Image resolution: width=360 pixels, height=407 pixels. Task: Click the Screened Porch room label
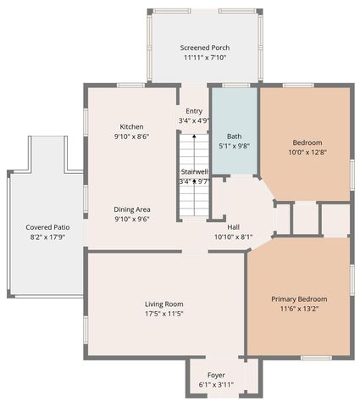pos(205,47)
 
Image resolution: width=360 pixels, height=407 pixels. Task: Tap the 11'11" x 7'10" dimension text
pos(205,58)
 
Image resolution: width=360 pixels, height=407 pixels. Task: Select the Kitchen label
pos(131,126)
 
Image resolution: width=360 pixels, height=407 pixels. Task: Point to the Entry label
pos(194,111)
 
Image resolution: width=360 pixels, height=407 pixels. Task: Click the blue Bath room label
pos(235,136)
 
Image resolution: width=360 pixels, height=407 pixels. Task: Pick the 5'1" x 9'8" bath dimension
pos(235,146)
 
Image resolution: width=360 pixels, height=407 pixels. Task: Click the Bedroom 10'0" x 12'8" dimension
pos(305,153)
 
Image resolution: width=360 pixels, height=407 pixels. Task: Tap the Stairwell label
pos(194,171)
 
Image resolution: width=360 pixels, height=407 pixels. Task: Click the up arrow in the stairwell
pos(194,181)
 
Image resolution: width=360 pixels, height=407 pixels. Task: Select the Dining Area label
pos(131,209)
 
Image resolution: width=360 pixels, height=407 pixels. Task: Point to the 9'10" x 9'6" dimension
pos(131,219)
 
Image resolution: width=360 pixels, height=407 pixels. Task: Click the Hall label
pos(234,227)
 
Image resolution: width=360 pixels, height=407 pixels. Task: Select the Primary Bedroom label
pos(299,299)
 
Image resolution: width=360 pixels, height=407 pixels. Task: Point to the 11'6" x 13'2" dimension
pos(299,309)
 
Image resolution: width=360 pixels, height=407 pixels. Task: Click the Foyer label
pos(216,375)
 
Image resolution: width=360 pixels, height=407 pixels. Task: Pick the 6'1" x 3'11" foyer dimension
pos(216,385)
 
